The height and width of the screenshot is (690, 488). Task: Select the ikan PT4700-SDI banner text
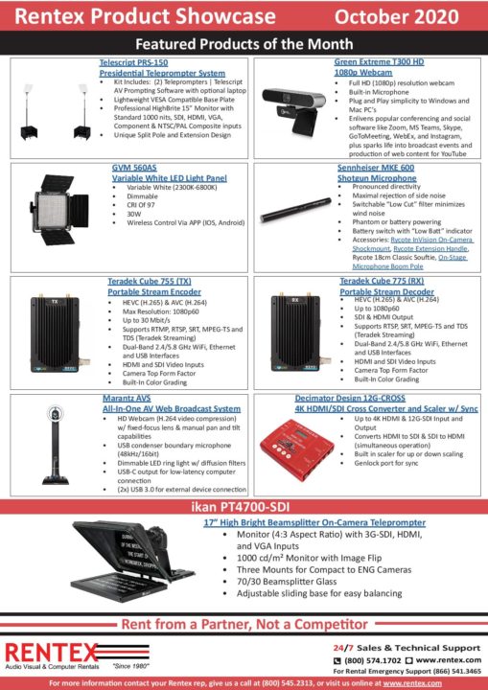point(244,506)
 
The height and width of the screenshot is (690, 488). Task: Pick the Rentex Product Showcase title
point(139,18)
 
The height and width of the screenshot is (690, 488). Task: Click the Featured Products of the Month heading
point(244,44)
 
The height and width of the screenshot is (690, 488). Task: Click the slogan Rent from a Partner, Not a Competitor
point(244,624)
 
